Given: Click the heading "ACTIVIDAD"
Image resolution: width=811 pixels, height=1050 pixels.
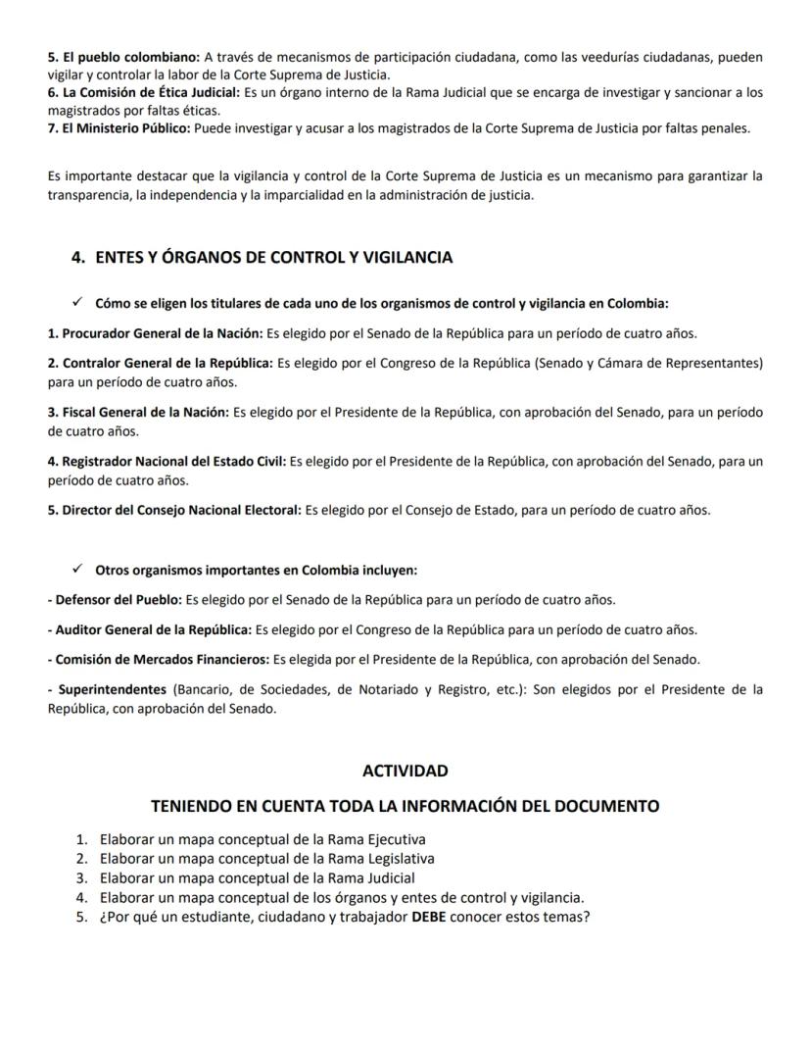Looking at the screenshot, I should [405, 771].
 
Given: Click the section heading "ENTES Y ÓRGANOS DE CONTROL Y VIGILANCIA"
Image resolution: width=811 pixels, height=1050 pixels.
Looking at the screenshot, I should [273, 258].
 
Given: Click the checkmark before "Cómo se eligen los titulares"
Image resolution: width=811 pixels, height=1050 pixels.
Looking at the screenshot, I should [77, 302].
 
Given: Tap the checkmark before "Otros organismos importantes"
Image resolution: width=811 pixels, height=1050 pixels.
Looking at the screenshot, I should [77, 570].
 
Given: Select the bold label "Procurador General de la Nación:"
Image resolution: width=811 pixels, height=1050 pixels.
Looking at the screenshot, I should [154, 333].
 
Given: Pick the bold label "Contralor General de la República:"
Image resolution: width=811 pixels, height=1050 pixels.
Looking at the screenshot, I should [161, 363].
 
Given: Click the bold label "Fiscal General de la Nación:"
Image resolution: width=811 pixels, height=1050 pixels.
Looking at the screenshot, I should [138, 413].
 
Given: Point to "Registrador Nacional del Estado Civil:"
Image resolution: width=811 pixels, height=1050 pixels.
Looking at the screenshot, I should [167, 461].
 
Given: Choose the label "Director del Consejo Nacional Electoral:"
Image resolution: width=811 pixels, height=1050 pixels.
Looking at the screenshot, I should [174, 510].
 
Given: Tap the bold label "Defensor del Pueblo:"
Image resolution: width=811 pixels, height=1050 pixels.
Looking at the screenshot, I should [116, 599].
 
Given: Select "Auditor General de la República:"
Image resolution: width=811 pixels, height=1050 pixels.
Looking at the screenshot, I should [149, 629].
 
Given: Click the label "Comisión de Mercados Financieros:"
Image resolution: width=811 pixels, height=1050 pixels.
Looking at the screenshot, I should [158, 659].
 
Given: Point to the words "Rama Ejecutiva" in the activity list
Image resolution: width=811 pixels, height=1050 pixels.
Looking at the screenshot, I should [377, 839].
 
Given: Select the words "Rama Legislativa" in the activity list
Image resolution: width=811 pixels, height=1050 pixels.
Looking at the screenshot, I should [381, 859].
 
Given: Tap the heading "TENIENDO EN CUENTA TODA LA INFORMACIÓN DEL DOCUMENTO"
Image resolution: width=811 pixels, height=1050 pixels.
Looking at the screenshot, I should [405, 806].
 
